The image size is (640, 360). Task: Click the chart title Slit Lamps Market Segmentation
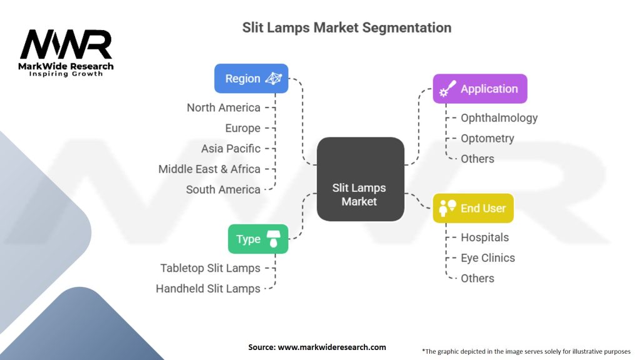(x=347, y=27)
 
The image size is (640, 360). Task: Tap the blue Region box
(x=251, y=79)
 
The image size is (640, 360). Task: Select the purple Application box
(x=480, y=89)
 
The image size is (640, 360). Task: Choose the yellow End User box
(x=473, y=208)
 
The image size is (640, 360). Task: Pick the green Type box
(x=258, y=239)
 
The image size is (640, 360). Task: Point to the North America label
(x=223, y=107)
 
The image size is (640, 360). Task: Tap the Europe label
(x=242, y=128)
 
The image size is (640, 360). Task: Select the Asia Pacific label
(x=231, y=149)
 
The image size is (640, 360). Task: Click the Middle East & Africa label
(x=209, y=169)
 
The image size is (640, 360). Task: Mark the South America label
(x=223, y=189)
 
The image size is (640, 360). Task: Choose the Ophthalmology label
(x=499, y=117)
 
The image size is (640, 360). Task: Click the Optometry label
(x=487, y=138)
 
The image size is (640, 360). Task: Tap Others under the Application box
(x=477, y=159)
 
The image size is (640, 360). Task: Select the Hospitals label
(x=485, y=237)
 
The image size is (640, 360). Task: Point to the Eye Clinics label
(x=488, y=257)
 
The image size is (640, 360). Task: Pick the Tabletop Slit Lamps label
(x=210, y=268)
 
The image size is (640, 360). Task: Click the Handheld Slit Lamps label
(x=208, y=289)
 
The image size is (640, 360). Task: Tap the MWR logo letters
(x=66, y=44)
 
